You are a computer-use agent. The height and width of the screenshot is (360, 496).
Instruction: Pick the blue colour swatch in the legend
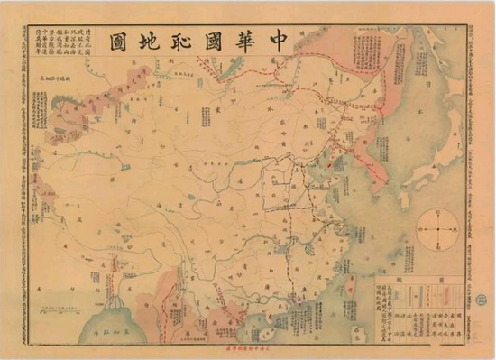click(425, 296)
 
